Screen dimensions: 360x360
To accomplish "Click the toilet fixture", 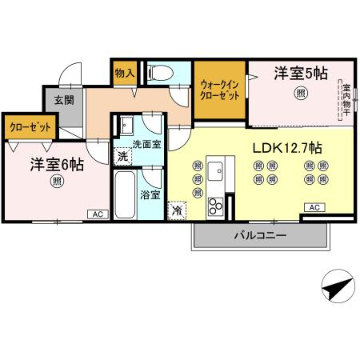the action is point(160,72).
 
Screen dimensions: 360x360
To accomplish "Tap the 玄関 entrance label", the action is point(64,100).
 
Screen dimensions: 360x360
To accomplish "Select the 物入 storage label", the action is point(125,73).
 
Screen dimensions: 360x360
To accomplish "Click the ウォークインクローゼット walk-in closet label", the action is point(219,90).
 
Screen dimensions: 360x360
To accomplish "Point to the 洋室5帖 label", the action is point(301,74).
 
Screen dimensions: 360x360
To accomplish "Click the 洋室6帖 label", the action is point(57,165).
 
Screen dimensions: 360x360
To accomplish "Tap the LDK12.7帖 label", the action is point(287,148).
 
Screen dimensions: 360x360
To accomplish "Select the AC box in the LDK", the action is point(314,207).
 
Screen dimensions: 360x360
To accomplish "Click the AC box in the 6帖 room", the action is point(98,214).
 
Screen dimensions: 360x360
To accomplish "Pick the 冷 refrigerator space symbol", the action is point(177,210).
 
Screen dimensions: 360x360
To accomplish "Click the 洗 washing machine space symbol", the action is point(122,157).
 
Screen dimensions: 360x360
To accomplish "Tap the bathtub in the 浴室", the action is point(125,194).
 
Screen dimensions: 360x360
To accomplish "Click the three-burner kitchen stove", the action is point(215,206).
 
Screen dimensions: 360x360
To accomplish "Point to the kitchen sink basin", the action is point(215,171).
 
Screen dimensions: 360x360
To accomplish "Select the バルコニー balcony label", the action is point(261,235).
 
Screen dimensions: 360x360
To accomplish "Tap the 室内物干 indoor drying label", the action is point(346,100).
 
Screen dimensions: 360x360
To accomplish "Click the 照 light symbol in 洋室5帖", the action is point(301,93).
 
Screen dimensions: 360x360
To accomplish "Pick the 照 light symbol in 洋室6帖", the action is point(57,182).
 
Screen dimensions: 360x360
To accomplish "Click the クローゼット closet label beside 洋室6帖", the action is point(30,127).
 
